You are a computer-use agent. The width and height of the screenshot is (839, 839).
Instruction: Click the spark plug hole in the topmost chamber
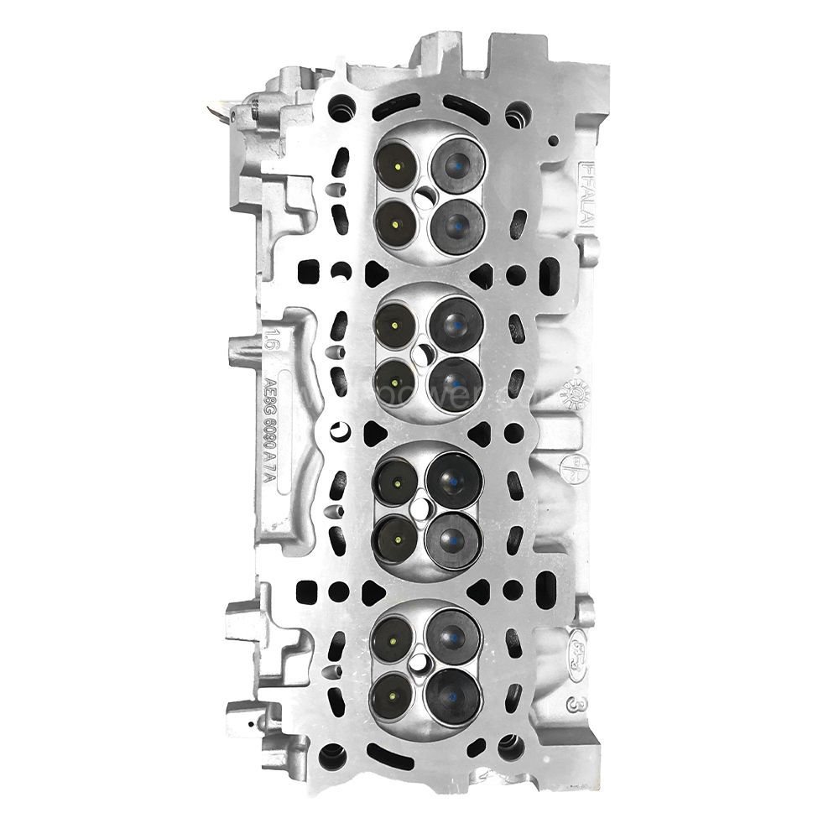[x=425, y=195]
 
